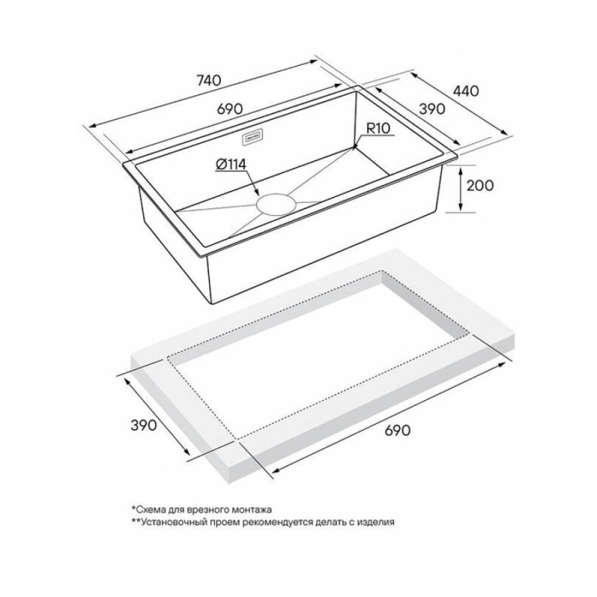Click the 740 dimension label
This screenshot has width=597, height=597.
209,80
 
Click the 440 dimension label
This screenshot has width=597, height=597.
466,91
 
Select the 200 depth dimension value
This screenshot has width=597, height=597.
480,186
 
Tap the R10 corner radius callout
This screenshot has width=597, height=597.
379,128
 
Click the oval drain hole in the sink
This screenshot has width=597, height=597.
276,204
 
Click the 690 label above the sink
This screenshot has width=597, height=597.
230,109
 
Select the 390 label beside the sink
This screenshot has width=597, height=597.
432,109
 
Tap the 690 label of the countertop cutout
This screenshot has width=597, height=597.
397,431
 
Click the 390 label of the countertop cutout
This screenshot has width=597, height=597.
143,425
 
